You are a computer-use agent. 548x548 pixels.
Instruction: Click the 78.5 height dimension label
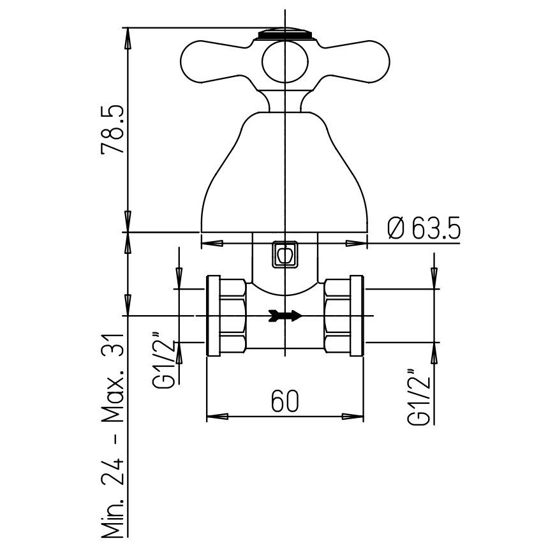coord(112,129)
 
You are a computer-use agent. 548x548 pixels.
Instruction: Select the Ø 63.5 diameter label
coord(424,227)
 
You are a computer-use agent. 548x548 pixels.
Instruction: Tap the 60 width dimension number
coord(285,401)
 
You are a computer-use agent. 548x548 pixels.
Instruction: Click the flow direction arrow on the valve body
coord(285,316)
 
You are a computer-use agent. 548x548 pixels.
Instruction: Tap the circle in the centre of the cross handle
coord(286,62)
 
